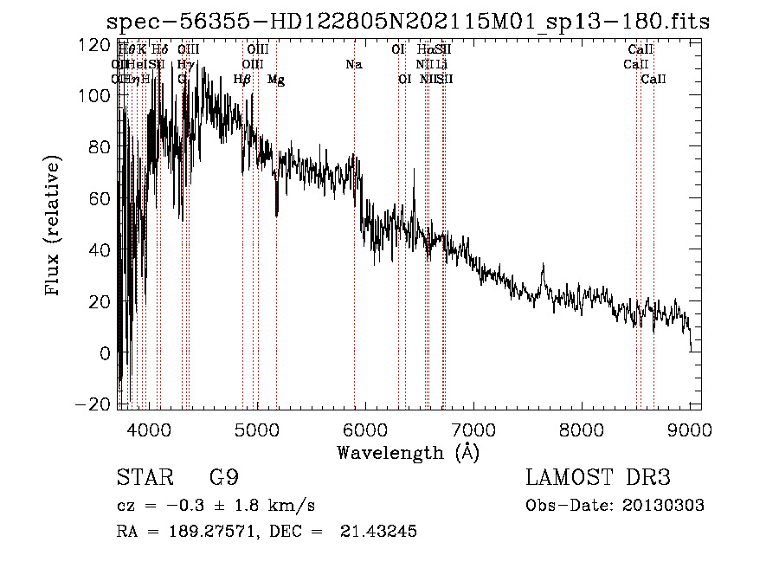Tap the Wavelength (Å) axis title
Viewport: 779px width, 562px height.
tap(408, 452)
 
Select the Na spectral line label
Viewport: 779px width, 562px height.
tap(353, 64)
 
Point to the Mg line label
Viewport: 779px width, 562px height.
tap(276, 80)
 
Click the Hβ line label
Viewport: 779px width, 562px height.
tap(242, 80)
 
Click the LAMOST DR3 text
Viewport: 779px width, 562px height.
tap(598, 478)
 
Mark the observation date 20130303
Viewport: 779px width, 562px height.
tap(664, 506)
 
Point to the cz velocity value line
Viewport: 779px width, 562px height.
tap(216, 506)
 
